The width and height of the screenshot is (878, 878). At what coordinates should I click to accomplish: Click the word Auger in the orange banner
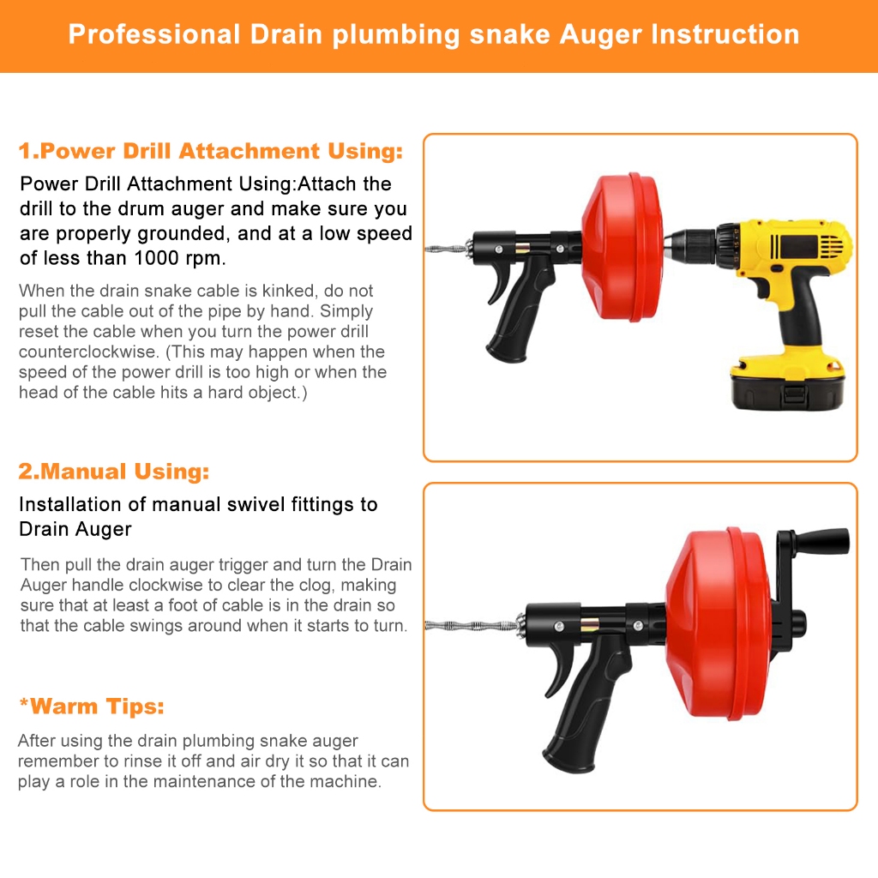pos(600,35)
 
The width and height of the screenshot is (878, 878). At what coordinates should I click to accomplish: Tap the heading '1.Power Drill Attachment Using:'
pos(211,151)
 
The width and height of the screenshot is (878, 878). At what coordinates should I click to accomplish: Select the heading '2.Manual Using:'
pos(114,472)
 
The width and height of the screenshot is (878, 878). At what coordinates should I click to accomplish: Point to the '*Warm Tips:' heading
pos(92,707)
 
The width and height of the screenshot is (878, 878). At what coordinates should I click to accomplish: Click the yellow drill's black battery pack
pos(788,385)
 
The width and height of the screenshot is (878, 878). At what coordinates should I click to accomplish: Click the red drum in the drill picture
pos(622,246)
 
